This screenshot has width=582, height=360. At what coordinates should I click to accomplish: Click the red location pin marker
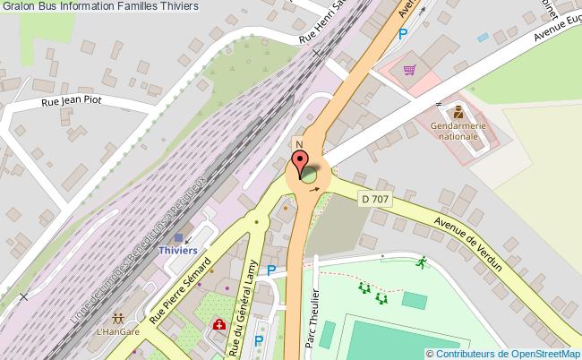pyautogui.click(x=298, y=166)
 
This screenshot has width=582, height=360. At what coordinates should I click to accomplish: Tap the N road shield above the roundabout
pyautogui.click(x=298, y=144)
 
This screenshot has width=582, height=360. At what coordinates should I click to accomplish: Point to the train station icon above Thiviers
pyautogui.click(x=179, y=238)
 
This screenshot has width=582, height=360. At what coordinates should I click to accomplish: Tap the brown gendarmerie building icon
pyautogui.click(x=457, y=113)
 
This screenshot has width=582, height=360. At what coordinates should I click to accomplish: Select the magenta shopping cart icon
pyautogui.click(x=410, y=69)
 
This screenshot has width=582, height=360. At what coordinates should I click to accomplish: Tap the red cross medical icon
pyautogui.click(x=218, y=327)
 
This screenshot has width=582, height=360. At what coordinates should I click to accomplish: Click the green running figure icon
pyautogui.click(x=420, y=262)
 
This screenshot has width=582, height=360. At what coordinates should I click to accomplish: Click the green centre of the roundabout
pyautogui.click(x=310, y=174)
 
